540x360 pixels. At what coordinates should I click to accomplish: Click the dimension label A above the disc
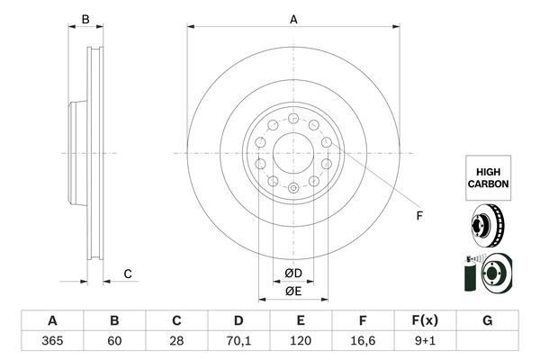pos(293,19)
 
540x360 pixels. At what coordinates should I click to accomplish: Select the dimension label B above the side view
pos(86,19)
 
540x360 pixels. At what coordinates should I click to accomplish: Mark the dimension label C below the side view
pos(128,273)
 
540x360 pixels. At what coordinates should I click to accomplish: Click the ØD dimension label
pos(293,273)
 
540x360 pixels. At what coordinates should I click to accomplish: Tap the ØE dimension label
pos(293,291)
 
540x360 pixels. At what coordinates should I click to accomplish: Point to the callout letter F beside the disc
pos(418,215)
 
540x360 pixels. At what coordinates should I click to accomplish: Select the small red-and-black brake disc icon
pos(488,226)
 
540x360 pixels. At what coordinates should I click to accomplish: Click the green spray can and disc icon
pos(486,274)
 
